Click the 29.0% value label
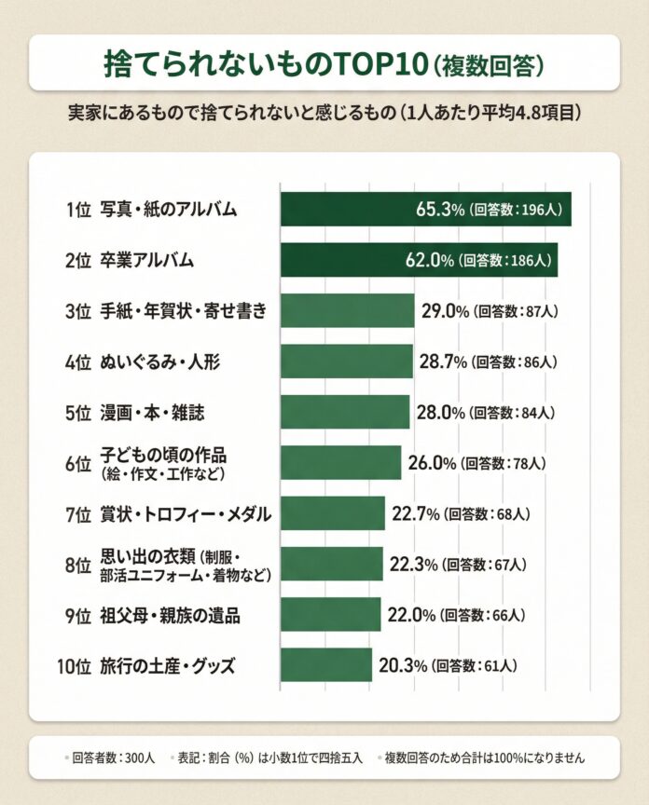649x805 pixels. (444, 310)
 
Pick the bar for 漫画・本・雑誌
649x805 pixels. (344, 411)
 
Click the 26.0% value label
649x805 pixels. (431, 462)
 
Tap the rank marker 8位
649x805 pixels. (77, 565)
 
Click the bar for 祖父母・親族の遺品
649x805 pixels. (330, 615)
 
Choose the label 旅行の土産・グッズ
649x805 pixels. (167, 666)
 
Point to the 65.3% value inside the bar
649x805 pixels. (440, 209)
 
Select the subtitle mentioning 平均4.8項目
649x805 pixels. (324, 113)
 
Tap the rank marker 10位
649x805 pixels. (74, 666)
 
